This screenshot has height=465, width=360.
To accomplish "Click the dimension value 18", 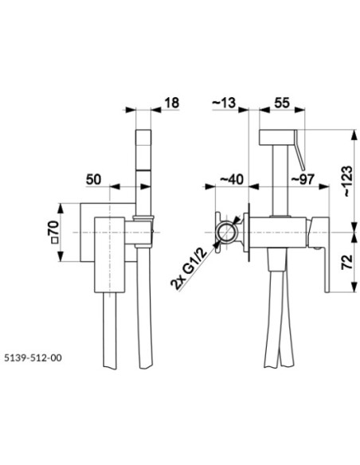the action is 172,103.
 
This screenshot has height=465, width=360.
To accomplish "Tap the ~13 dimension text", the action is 224,103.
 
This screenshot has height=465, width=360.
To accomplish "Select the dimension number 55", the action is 282,103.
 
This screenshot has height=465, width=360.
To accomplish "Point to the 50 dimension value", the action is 93,179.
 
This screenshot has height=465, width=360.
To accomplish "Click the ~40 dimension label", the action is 232,179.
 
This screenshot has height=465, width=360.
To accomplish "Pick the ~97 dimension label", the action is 303,179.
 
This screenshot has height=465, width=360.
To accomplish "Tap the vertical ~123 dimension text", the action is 347,182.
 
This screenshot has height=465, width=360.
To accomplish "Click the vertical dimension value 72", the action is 347,262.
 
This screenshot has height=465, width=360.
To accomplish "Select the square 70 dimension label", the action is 53,232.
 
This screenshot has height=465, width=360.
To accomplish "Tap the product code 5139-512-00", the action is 33,358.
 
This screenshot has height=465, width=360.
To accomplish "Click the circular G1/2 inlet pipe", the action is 226,232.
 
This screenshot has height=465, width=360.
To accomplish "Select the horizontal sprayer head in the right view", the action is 277,137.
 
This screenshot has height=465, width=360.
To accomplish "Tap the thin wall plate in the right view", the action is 248,232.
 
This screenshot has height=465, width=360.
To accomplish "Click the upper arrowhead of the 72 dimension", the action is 354,237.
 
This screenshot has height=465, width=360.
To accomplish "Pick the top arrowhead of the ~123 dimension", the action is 354,135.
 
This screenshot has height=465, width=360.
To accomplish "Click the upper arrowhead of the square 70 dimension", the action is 61,208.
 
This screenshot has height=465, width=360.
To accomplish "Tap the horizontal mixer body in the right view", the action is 278,232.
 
